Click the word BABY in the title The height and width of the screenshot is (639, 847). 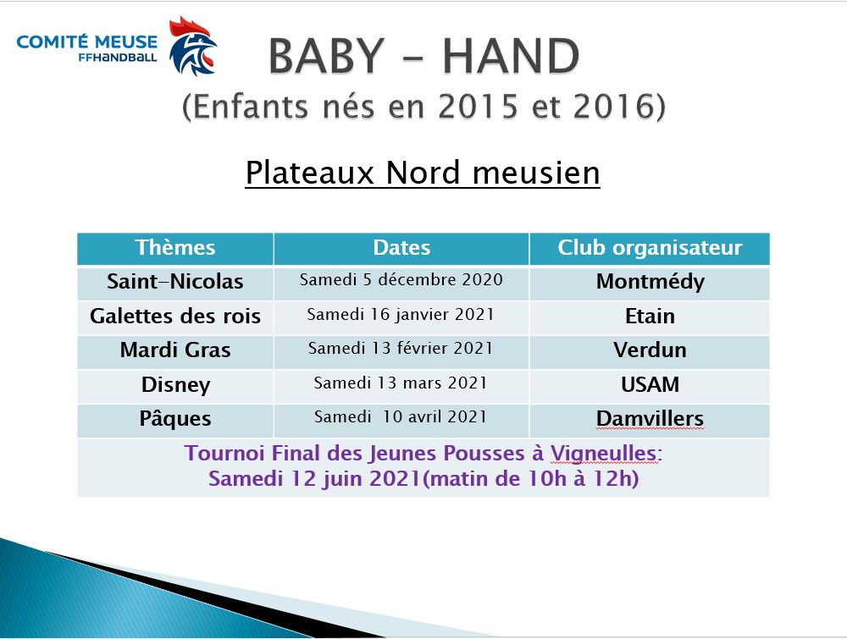click(327, 56)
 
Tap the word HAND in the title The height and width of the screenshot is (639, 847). click(511, 56)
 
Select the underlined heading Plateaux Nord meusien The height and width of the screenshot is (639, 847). click(423, 173)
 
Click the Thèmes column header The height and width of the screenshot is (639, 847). click(175, 248)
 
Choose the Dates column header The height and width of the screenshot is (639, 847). click(401, 248)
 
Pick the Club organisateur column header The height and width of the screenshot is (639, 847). click(650, 248)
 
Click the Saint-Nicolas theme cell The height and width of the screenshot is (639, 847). click(175, 282)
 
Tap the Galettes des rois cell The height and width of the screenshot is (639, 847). click(175, 316)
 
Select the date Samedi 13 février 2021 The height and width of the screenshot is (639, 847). click(401, 348)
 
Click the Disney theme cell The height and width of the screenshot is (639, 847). click(175, 385)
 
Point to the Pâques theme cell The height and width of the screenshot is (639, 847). click(175, 419)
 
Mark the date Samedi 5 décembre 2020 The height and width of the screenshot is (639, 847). click(401, 279)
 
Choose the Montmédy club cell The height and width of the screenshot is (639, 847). click(650, 283)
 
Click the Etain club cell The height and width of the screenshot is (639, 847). click(650, 317)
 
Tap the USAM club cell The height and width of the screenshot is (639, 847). click(650, 385)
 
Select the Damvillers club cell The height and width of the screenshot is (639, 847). click(650, 419)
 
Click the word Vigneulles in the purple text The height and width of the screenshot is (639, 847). click(604, 454)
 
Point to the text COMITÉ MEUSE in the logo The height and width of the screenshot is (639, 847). click(87, 41)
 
